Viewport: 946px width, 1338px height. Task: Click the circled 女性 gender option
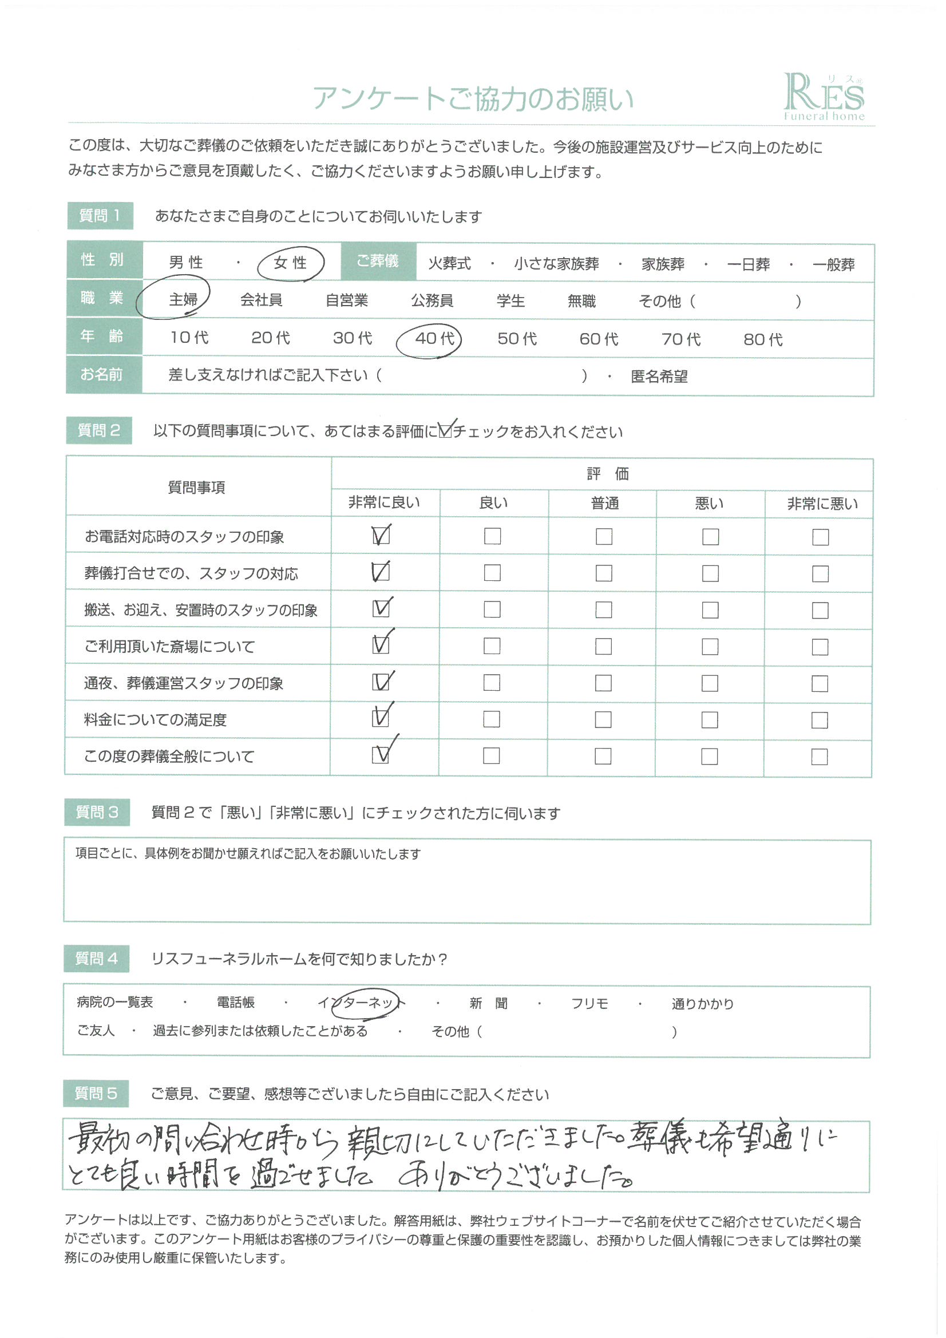click(290, 263)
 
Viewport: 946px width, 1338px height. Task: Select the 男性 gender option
click(186, 263)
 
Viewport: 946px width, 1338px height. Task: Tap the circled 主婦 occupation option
click(183, 299)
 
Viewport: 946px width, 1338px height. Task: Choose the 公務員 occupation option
click(432, 300)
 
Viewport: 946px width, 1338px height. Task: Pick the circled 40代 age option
click(434, 339)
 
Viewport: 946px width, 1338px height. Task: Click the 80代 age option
click(762, 340)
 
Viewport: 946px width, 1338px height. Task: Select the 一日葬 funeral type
click(748, 264)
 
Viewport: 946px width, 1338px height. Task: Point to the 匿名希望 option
click(659, 377)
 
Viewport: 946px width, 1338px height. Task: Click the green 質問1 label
click(100, 216)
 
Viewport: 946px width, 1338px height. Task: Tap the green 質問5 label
click(96, 1093)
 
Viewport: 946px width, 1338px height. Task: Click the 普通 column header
click(604, 504)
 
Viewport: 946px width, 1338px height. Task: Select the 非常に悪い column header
click(822, 504)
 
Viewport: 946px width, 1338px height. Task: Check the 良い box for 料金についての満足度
click(492, 720)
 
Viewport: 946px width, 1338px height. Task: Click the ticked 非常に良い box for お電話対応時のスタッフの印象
click(381, 536)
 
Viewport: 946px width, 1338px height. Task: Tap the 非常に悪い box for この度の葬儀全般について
click(819, 757)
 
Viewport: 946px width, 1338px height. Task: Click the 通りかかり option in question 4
click(702, 1004)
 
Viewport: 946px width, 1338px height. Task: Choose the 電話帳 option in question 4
click(235, 1002)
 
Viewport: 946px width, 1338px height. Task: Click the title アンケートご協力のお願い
click(473, 99)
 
